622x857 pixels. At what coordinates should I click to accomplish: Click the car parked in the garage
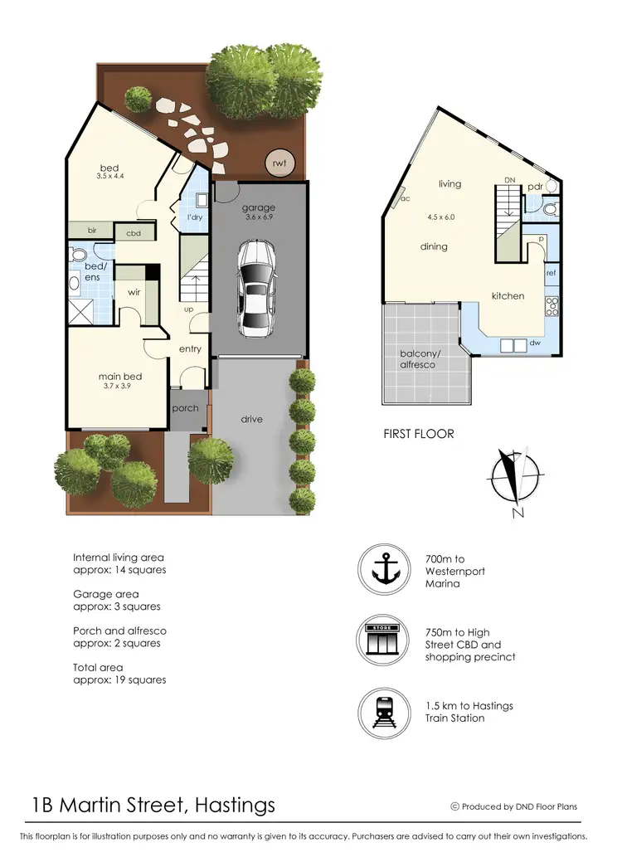click(x=257, y=288)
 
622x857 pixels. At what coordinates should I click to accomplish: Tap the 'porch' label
click(x=185, y=408)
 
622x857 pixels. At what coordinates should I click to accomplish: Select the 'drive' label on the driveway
click(x=252, y=419)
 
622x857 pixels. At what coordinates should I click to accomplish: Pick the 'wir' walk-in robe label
click(x=133, y=292)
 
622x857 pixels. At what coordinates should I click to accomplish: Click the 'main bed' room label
click(x=120, y=377)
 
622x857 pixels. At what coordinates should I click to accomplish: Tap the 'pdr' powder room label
click(x=535, y=187)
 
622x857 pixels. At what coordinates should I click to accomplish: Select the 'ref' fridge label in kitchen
click(x=551, y=272)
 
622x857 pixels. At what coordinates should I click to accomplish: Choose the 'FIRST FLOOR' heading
click(x=418, y=434)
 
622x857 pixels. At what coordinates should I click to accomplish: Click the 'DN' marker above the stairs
click(x=510, y=179)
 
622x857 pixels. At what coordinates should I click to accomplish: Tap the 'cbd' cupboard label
click(x=133, y=234)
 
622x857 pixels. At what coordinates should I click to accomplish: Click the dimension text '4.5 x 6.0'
click(x=440, y=217)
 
